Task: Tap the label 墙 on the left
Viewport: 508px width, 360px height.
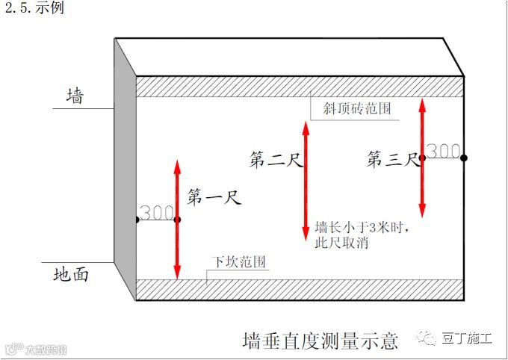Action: tap(75, 96)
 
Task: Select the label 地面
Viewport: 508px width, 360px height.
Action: tap(72, 274)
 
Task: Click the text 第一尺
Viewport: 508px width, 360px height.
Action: tap(212, 198)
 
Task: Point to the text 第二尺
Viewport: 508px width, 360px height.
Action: tap(276, 159)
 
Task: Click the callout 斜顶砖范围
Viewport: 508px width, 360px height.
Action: tap(357, 109)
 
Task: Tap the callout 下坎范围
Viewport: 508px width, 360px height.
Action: tap(238, 262)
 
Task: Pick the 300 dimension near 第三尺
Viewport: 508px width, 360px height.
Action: tap(444, 151)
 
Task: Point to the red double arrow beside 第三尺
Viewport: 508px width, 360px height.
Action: tap(422, 158)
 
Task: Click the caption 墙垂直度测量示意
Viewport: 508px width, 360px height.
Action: tap(320, 341)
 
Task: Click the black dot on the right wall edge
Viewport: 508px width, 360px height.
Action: tap(464, 158)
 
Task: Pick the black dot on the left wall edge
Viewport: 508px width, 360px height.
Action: tap(136, 220)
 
